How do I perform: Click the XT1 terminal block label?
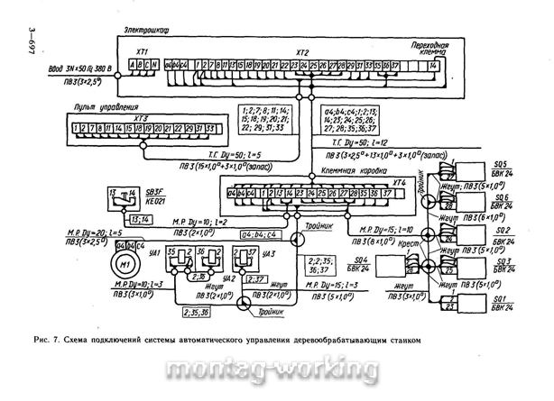pos(141,53)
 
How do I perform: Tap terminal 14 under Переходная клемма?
pos(433,65)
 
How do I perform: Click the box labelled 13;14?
pos(115,220)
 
